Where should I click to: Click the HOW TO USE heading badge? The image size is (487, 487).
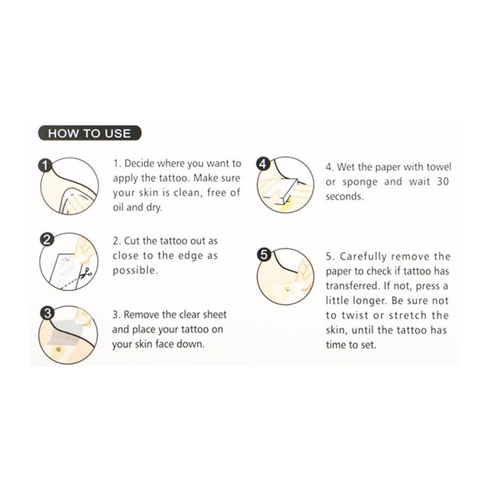tap(89, 133)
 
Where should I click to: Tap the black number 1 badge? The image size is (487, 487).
tap(45, 165)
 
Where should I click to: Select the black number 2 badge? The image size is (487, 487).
tap(47, 240)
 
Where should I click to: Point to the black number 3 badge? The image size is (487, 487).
tap(47, 313)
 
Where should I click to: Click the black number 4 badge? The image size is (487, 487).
tap(263, 164)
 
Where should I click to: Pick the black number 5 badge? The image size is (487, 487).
tap(264, 255)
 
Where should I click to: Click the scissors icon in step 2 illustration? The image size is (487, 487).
tap(86, 273)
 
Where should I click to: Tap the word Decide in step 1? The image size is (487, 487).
tap(139, 163)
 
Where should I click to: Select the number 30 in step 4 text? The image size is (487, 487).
tap(443, 181)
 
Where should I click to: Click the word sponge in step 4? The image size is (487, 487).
tap(360, 182)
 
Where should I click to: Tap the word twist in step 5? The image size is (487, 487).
tap(354, 315)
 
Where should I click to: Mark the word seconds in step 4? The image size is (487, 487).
tap(344, 197)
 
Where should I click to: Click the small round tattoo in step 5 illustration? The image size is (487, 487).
tap(288, 290)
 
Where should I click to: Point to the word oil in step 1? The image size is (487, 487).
tap(118, 207)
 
